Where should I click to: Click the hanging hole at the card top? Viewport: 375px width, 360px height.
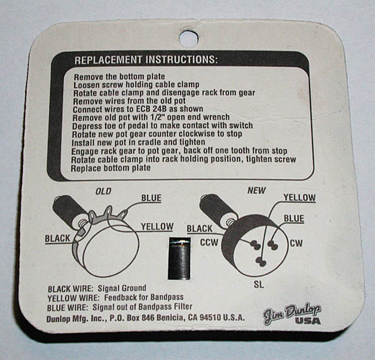(189, 38)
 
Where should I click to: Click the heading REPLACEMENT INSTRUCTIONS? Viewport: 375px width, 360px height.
(146, 60)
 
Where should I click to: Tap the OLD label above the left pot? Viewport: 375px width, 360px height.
(104, 192)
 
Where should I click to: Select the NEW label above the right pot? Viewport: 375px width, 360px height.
(256, 191)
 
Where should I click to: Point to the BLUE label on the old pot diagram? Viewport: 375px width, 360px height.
(151, 198)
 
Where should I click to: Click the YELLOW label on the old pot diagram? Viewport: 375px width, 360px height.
(157, 226)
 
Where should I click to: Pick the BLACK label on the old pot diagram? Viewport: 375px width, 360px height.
(58, 238)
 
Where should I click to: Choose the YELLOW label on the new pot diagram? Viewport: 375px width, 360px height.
(299, 197)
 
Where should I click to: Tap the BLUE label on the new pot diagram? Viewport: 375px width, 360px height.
(294, 219)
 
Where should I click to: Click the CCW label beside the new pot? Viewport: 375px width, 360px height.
(209, 243)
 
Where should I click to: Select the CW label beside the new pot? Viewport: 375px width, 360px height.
(297, 243)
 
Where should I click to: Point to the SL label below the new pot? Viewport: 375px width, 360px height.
(258, 284)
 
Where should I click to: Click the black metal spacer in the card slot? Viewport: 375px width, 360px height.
(179, 258)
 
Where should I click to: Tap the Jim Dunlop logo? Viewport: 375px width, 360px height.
(292, 314)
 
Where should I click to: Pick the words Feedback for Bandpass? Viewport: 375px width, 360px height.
(144, 297)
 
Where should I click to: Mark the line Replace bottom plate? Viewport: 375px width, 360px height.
(111, 168)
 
